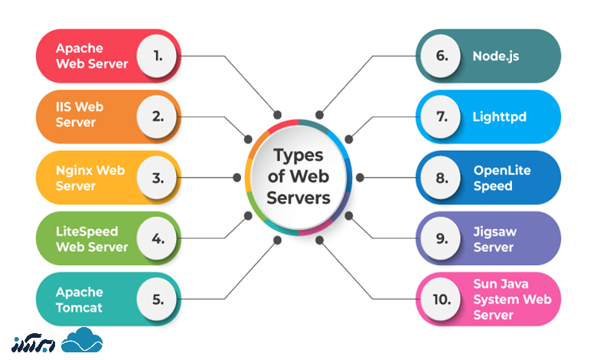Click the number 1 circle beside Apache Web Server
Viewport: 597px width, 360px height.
[158, 56]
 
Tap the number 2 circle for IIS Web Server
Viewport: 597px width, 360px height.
[158, 116]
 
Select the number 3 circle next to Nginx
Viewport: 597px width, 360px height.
[158, 178]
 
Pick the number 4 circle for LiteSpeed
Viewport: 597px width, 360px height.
[158, 238]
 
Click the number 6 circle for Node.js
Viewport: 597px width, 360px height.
[442, 56]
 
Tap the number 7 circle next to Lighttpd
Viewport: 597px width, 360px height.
[442, 116]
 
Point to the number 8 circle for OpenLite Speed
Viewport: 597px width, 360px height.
[442, 178]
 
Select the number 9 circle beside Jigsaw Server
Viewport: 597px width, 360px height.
[442, 238]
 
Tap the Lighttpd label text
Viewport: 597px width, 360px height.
[500, 117]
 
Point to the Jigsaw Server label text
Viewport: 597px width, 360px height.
[494, 238]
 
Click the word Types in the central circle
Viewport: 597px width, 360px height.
[298, 156]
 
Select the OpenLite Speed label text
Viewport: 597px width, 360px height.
[502, 178]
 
